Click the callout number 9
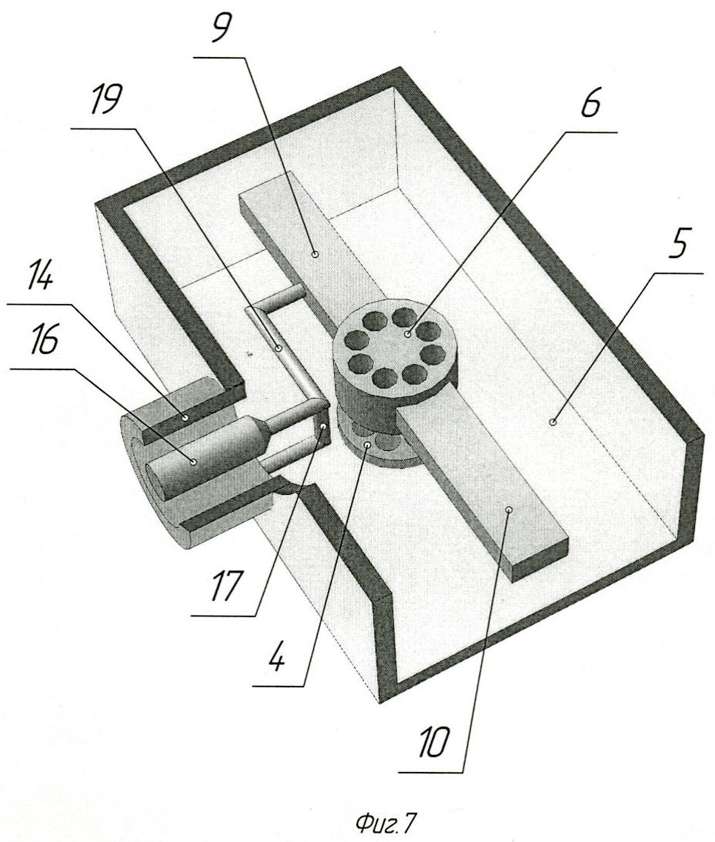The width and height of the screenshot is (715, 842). [220, 28]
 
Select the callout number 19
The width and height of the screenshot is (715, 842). [105, 100]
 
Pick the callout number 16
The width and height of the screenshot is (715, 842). [42, 341]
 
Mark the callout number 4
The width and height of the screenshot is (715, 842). [277, 655]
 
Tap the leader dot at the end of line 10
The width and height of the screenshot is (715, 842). [510, 509]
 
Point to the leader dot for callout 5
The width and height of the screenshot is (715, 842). [553, 422]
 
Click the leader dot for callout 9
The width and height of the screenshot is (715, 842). [315, 254]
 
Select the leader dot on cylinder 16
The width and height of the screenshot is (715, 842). [194, 460]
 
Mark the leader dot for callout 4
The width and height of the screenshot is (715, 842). [368, 445]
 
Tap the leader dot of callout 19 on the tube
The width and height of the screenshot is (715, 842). [279, 349]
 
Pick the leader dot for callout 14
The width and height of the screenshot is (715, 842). [185, 416]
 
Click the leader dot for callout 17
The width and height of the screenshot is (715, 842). [323, 427]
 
